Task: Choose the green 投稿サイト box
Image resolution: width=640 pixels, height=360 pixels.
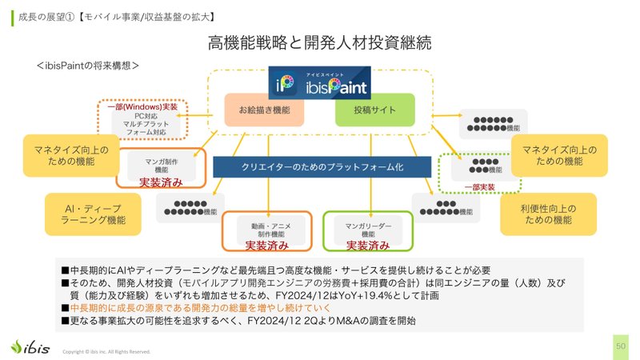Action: tap(374, 110)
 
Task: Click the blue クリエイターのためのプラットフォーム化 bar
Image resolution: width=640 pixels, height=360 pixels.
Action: tap(323, 166)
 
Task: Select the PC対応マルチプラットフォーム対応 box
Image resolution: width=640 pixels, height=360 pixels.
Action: tap(140, 126)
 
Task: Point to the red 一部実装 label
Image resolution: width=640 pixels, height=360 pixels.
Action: tap(479, 187)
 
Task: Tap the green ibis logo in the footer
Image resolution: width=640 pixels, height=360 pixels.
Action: tap(30, 346)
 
